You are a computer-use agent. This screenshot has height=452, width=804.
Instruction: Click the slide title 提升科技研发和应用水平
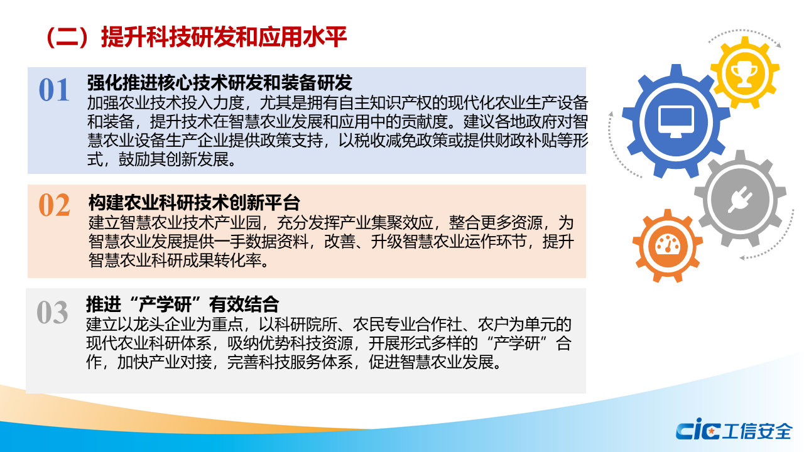click(224, 37)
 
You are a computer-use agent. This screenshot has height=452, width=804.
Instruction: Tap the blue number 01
click(54, 90)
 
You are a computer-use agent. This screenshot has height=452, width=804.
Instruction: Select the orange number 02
click(54, 205)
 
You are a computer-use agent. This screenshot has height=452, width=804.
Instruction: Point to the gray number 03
click(52, 312)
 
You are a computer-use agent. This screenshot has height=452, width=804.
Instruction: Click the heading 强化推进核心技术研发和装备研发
click(220, 83)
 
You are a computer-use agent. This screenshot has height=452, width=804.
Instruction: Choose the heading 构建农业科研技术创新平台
click(194, 203)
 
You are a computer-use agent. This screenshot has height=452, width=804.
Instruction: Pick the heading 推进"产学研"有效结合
click(182, 304)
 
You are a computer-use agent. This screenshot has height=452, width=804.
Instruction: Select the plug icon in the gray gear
click(740, 200)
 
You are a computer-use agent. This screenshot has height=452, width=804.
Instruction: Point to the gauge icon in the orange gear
click(667, 245)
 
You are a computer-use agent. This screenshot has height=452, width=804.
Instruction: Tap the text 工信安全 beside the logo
click(758, 431)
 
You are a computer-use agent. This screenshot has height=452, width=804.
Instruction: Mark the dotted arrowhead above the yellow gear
click(778, 45)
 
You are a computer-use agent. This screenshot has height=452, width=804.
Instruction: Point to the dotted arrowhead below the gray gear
click(743, 257)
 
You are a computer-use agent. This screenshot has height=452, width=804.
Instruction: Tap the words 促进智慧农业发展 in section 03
click(431, 362)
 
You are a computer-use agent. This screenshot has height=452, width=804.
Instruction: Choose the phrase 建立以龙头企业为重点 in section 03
click(165, 325)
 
